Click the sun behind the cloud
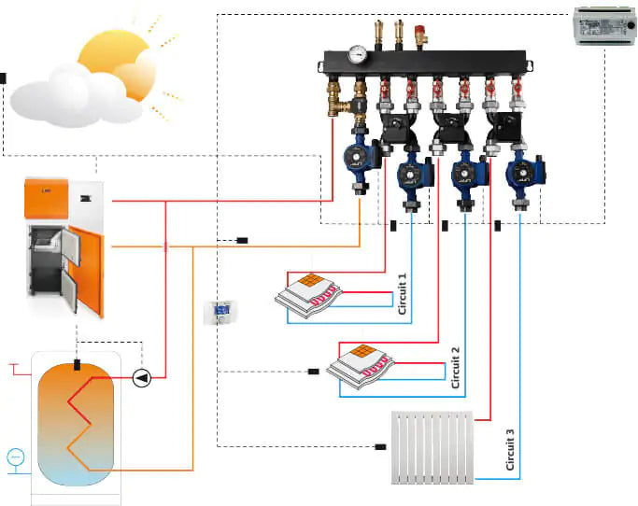click(117, 56)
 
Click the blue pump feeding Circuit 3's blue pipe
click(518, 174)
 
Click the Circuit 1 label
click(403, 295)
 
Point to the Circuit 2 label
click(455, 366)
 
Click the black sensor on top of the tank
click(78, 364)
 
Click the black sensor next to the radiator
click(380, 447)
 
